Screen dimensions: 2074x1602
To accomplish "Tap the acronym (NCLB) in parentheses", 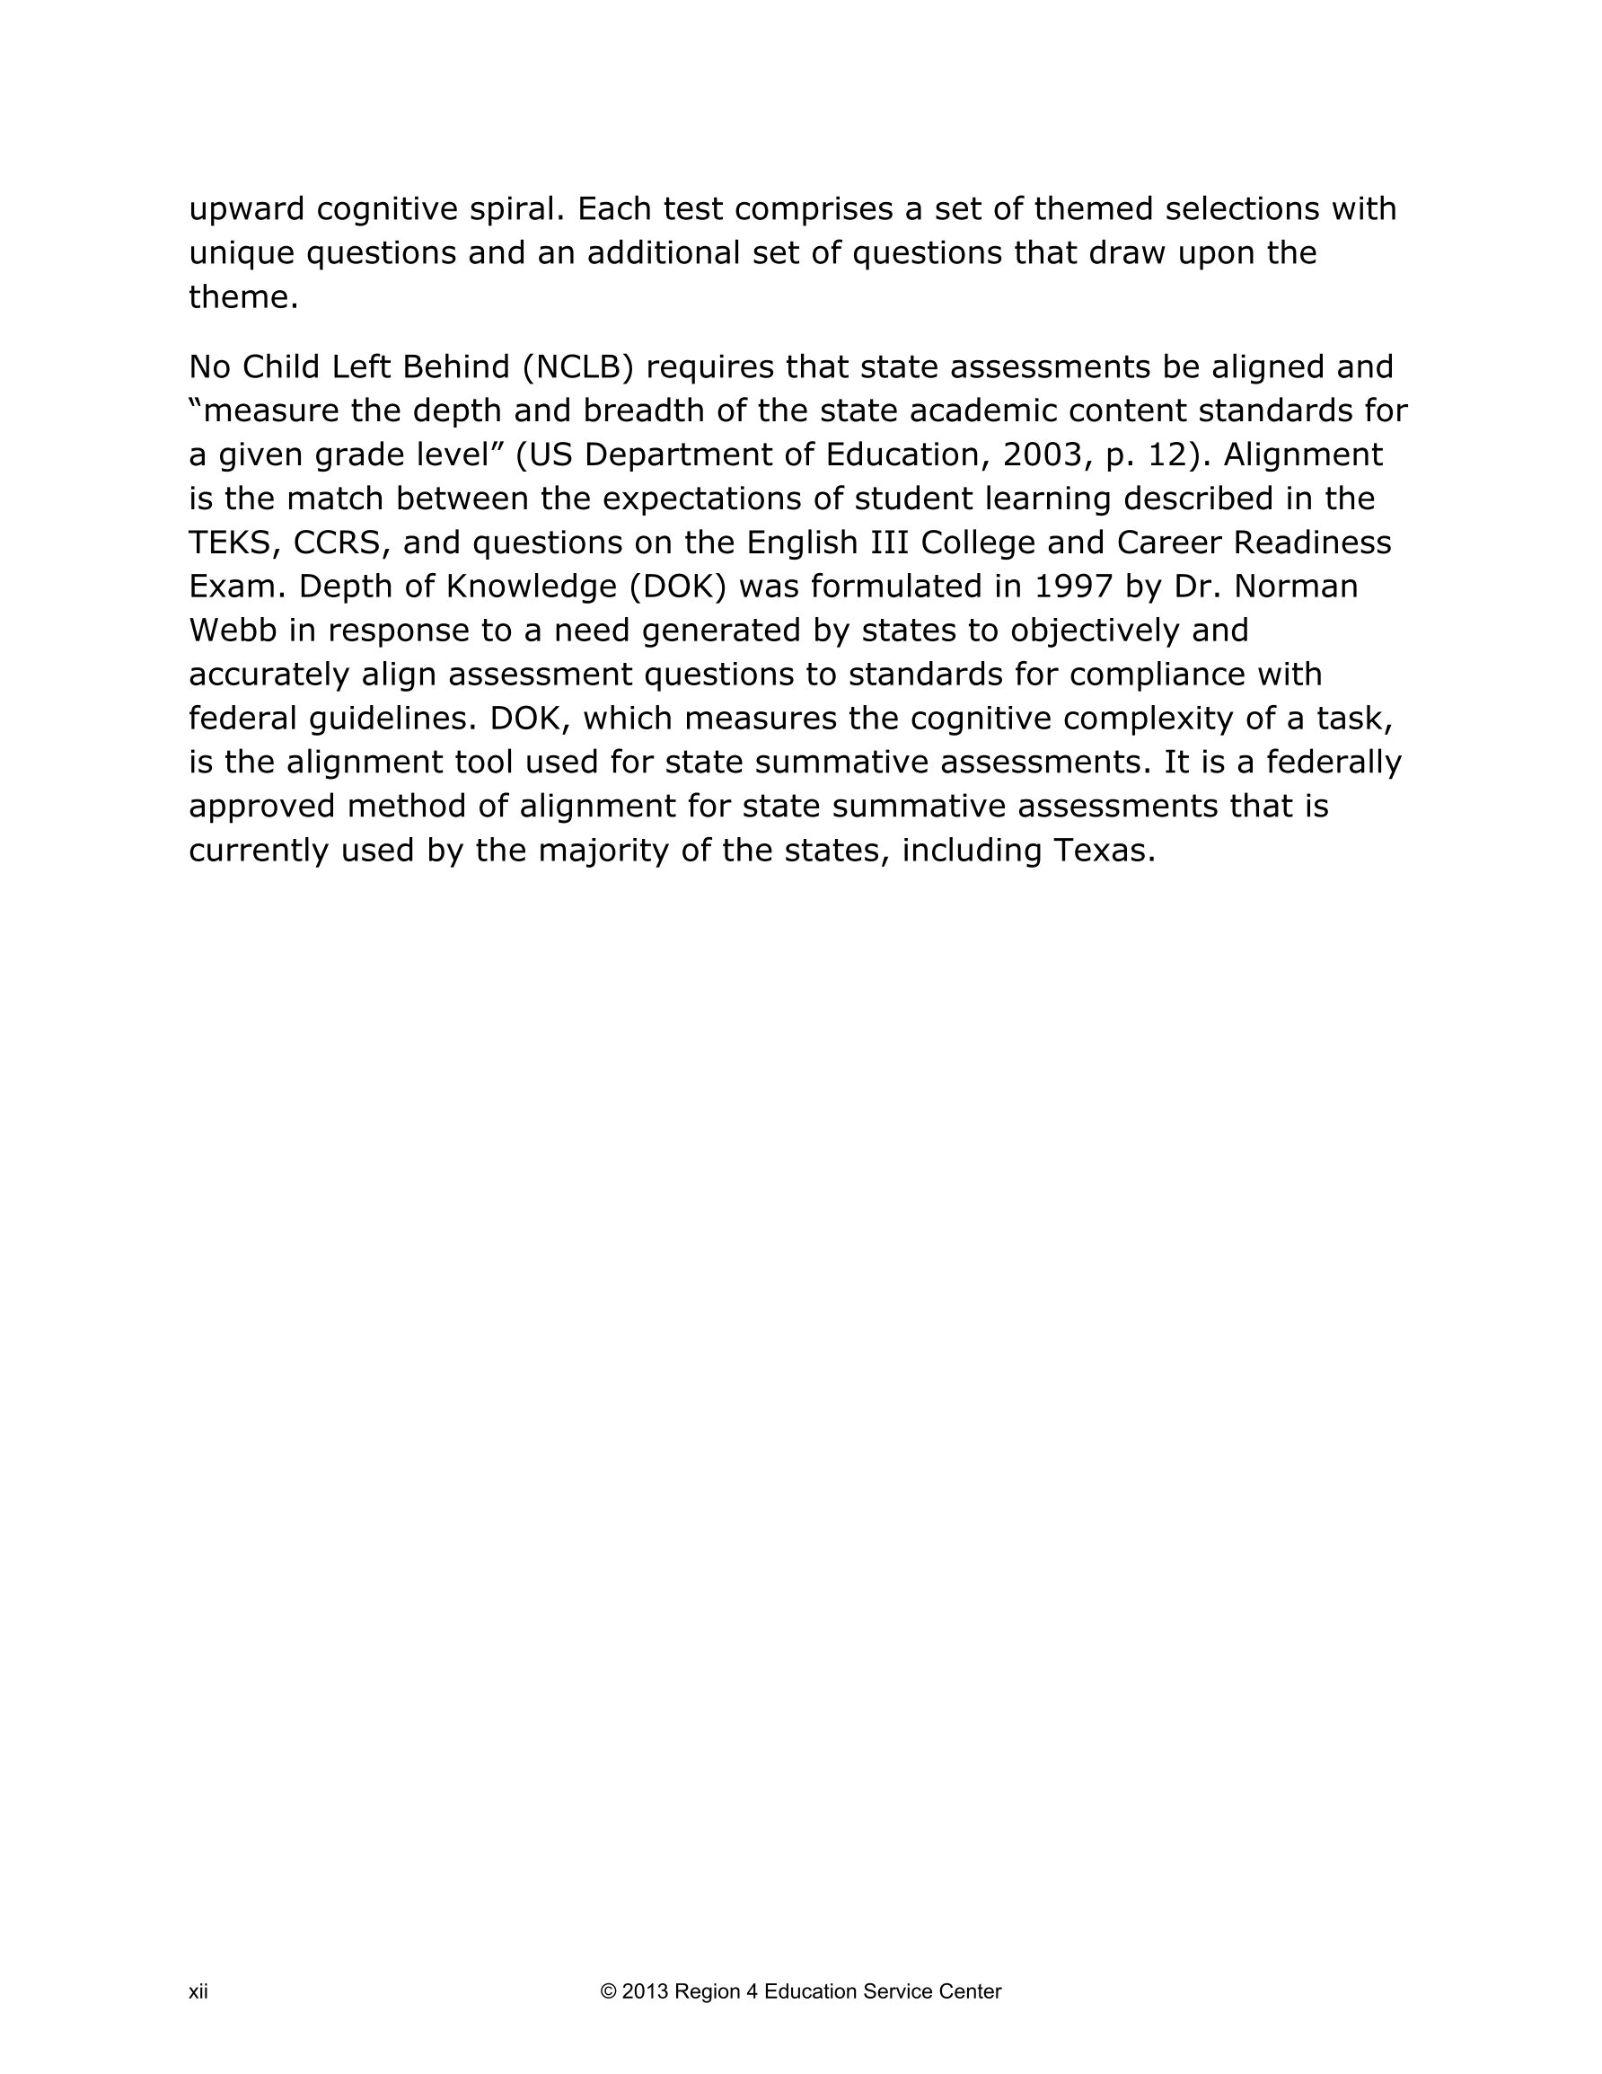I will (x=577, y=366).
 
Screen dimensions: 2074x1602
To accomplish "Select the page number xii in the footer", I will (x=198, y=1991).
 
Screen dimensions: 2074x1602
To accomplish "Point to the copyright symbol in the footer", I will (x=608, y=1991).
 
